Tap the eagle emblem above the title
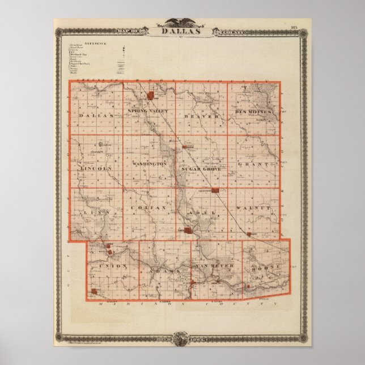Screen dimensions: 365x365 [x=182, y=23]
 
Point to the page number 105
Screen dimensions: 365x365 [x=294, y=27]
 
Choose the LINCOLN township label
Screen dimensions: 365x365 [x=92, y=168]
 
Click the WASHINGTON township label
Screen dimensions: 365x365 [x=149, y=164]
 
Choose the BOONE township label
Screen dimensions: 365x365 [x=266, y=266]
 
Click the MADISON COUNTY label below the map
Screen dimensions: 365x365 [x=182, y=304]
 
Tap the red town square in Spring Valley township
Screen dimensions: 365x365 [x=151, y=96]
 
